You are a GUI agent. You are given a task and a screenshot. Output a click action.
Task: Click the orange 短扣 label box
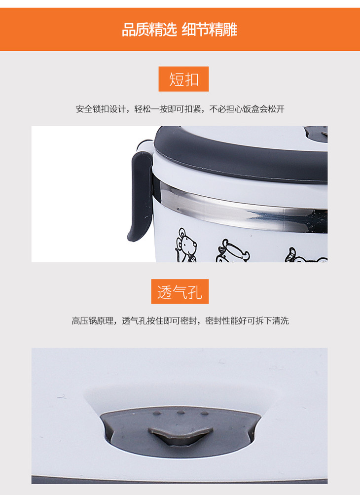tap(183, 79)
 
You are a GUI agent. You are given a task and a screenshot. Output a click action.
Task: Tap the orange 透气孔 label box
tap(180, 291)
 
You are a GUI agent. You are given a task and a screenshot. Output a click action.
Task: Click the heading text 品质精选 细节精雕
tap(180, 30)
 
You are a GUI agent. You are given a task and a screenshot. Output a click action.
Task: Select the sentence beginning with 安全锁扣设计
tap(180, 109)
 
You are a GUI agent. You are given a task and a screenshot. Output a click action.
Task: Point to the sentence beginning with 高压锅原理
tap(180, 321)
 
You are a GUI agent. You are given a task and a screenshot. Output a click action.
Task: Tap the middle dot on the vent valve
tap(180, 413)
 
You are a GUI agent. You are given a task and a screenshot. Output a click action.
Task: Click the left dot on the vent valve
tap(157, 413)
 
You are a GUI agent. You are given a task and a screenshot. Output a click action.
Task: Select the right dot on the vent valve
tap(204, 413)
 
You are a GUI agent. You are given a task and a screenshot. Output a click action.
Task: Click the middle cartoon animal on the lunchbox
tap(233, 251)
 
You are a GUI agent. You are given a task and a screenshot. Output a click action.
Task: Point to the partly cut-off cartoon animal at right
tap(306, 255)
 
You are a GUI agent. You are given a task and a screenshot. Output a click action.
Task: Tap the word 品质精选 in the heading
tap(149, 30)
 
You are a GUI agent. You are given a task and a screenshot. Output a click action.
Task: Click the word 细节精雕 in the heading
tap(210, 30)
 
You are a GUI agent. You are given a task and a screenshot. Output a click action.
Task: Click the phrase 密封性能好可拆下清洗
tap(247, 321)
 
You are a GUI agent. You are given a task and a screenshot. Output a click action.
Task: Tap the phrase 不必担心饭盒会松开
tap(247, 109)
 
